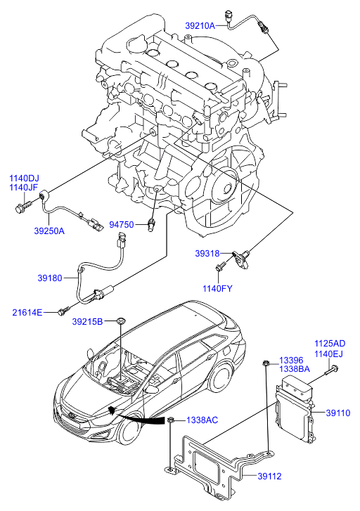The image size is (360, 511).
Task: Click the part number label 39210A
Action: coord(200,26)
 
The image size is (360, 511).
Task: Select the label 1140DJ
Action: coord(24,179)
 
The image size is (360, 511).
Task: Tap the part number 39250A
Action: coord(49,231)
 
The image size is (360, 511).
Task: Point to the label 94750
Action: coord(122,225)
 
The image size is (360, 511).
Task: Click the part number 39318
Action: coord(207,253)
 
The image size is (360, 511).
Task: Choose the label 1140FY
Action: coord(217,288)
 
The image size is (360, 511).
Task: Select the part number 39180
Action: coord(49,278)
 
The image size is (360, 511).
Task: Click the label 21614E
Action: coord(27,313)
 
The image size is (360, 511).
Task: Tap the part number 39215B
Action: coord(87,322)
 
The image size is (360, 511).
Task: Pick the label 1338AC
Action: coord(202,420)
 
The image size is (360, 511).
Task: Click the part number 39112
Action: coord(269,476)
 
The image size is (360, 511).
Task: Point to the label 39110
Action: coord(338,413)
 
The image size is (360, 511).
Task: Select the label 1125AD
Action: coord(330,344)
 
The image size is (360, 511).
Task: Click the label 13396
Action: coord(291,361)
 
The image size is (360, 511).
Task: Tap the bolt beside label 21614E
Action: coord(64,311)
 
